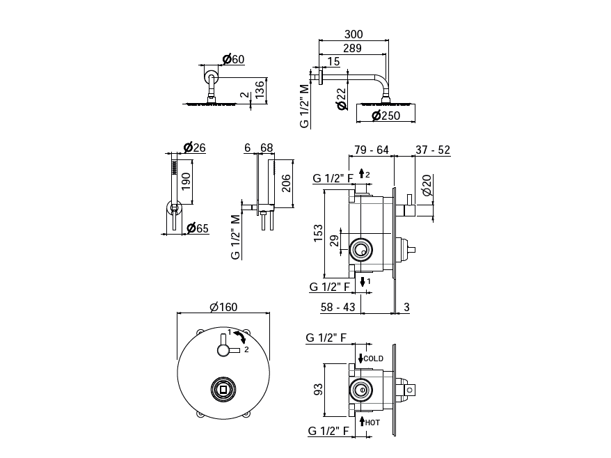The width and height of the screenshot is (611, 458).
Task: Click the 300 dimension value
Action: point(354,34)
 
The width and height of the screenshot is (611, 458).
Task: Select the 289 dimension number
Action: point(352,48)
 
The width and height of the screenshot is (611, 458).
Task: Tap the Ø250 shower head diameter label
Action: point(386,116)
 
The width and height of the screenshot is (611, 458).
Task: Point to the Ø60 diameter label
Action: point(233,59)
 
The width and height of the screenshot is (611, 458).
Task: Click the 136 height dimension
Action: point(260,89)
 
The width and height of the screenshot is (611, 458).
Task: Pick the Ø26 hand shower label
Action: point(194,148)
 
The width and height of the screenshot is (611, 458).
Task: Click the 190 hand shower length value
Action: point(186,182)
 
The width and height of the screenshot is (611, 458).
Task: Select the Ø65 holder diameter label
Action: point(197,228)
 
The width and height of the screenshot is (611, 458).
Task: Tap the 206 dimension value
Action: point(286,183)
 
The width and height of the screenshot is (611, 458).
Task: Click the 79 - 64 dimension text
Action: point(372,150)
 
